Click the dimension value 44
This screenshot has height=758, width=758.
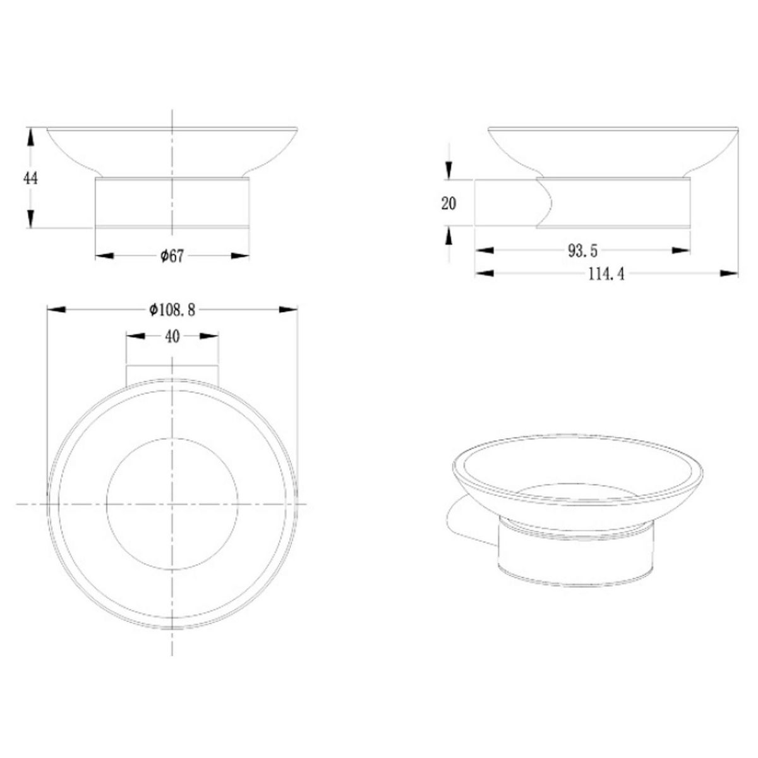pos(30,178)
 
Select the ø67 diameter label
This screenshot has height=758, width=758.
pos(171,256)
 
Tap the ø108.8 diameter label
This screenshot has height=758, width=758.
pos(171,310)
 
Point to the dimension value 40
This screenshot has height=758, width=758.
pos(172,337)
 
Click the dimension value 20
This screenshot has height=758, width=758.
pos(448,203)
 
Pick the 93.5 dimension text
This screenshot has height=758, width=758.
pos(582,251)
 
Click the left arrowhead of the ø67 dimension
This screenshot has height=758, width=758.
pos(104,256)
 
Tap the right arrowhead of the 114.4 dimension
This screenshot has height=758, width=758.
pos(730,274)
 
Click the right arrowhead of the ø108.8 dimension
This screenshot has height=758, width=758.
pos(289,310)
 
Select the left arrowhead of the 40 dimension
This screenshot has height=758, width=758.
pos(135,337)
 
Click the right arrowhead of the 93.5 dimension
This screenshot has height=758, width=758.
pos(682,251)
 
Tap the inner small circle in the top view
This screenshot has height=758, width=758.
pos(172,503)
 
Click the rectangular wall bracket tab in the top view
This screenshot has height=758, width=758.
pos(172,373)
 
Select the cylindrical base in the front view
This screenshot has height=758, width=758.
pos(172,202)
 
